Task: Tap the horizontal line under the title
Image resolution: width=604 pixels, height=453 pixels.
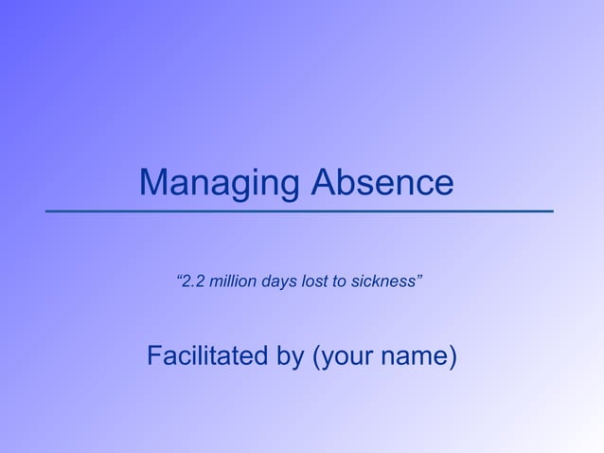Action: pos(299,210)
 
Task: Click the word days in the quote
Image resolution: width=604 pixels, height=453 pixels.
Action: pos(280,282)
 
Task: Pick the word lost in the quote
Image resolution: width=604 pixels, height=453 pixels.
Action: pos(314,281)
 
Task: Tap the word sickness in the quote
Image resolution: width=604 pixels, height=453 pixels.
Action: pos(381,281)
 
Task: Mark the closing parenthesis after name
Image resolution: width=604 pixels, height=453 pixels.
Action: pos(453,357)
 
